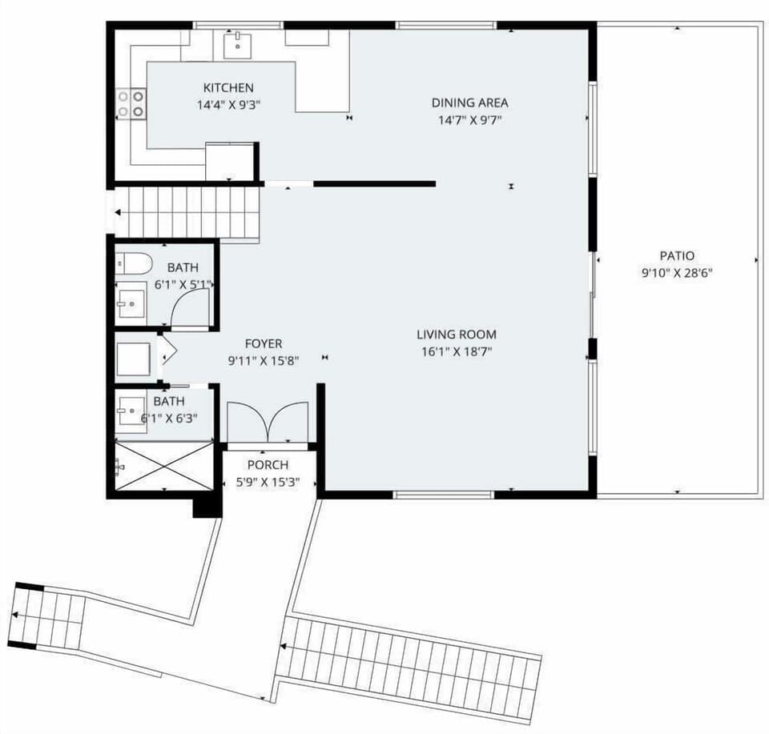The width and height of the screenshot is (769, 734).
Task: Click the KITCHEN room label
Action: coord(228,88)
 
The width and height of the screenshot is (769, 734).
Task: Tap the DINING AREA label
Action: coord(469,102)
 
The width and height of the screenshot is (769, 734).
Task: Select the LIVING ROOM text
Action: coord(456,335)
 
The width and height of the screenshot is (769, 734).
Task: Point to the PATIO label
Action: coord(676,256)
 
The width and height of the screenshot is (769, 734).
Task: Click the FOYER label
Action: coord(264,344)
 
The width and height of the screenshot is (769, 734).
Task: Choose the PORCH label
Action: coord(268,465)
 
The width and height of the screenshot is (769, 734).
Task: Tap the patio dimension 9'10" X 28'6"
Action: coord(676,272)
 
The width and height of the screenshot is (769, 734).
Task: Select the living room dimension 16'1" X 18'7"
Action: coord(456,351)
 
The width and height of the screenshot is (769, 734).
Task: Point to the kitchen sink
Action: coord(236,45)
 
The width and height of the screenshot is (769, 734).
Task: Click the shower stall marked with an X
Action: coord(164,466)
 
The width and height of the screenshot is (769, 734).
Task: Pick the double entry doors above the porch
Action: coord(268,423)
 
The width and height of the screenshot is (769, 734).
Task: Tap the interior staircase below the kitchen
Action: coord(189,212)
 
